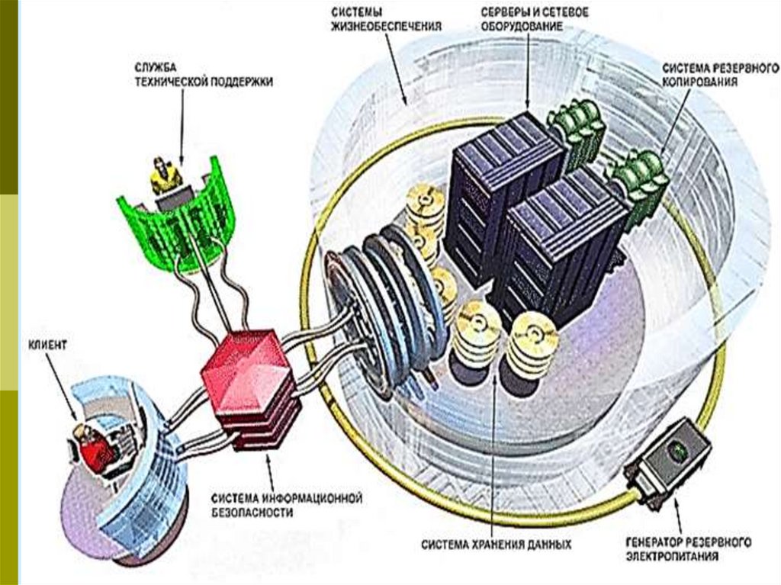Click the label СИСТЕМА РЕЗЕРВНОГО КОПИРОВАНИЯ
point(699,73)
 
